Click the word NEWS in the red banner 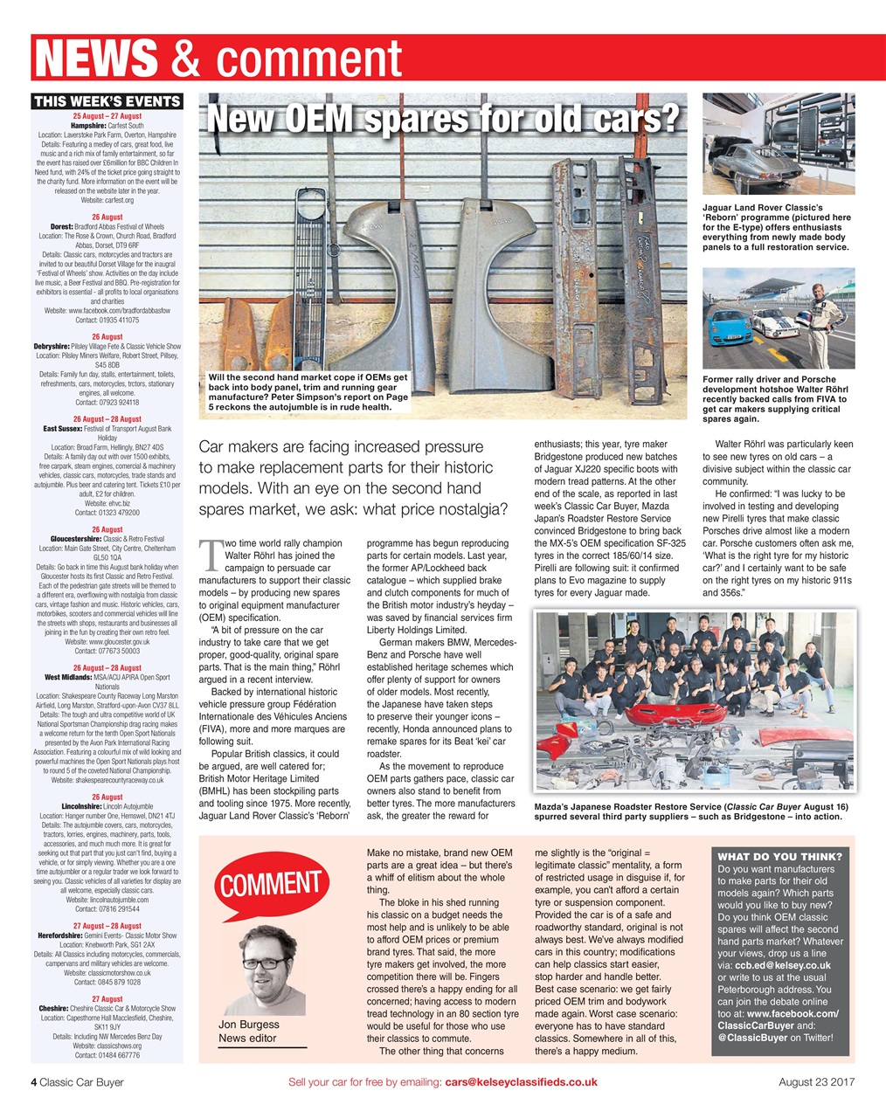coord(96,59)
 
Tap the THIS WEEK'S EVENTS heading coord(107,101)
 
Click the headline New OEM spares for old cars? coord(442,120)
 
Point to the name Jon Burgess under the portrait coord(249,1024)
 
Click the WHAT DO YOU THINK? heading coord(779,856)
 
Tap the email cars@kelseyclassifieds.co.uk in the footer coord(521,1081)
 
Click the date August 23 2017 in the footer coord(816,1081)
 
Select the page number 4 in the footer coord(35,1081)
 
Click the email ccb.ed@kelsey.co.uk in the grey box coord(784,965)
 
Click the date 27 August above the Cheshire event coord(107,998)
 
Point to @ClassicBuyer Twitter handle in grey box coord(751,1038)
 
